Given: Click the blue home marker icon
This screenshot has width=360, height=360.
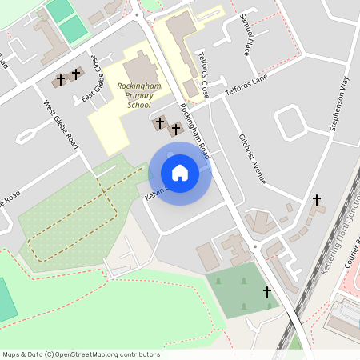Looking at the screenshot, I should [x=180, y=172].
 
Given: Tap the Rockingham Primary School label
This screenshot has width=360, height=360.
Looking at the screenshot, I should [x=134, y=94].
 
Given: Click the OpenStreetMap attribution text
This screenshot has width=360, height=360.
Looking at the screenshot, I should [x=81, y=354].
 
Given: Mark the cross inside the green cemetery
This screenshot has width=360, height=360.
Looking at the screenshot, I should [x=267, y=293].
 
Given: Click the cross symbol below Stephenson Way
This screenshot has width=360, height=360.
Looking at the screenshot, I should [x=317, y=199].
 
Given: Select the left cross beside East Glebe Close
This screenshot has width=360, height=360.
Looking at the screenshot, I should [x=61, y=79].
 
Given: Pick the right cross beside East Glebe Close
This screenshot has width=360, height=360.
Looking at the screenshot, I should [x=76, y=74].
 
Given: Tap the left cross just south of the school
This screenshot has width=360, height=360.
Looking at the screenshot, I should [x=160, y=123].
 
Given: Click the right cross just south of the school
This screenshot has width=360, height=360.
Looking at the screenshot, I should [x=175, y=129].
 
